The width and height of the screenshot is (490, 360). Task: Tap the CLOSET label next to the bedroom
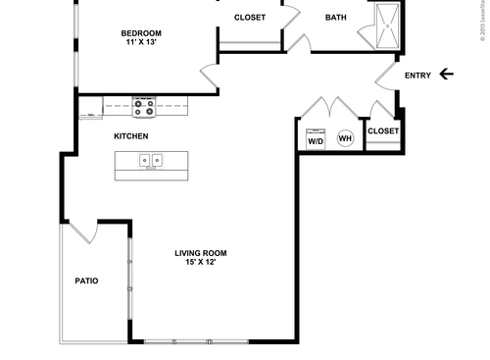pos(249,18)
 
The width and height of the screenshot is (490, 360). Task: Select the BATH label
pos(335,18)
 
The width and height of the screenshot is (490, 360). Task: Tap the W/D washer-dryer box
pos(316,137)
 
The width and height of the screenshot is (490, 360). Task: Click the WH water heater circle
pos(345,138)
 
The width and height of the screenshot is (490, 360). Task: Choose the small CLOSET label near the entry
pos(382,131)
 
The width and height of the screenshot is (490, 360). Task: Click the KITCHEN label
pos(131,135)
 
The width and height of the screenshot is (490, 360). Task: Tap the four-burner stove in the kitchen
pos(144,105)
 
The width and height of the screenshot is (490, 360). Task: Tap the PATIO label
pos(86,282)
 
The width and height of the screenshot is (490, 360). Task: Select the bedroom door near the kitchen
pos(208,77)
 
